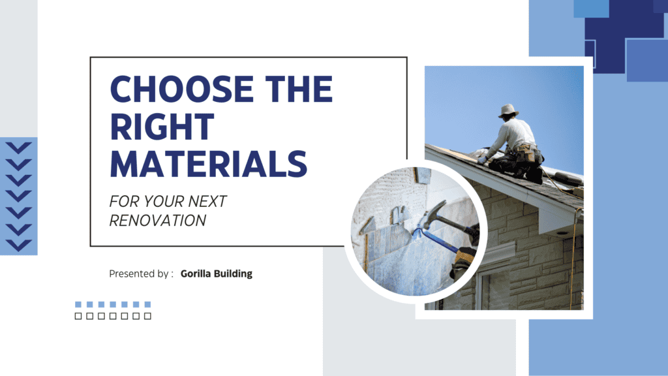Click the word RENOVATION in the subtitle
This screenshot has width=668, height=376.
coord(157,221)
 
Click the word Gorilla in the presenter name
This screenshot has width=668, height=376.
coord(199,274)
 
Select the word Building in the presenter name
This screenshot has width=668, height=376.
coord(235,274)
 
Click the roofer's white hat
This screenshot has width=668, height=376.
coord(508,110)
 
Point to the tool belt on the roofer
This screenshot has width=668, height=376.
coord(528,155)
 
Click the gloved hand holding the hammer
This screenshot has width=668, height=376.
coord(464,257)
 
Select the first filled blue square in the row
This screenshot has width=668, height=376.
coord(78,304)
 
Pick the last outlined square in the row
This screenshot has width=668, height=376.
coord(147,316)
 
